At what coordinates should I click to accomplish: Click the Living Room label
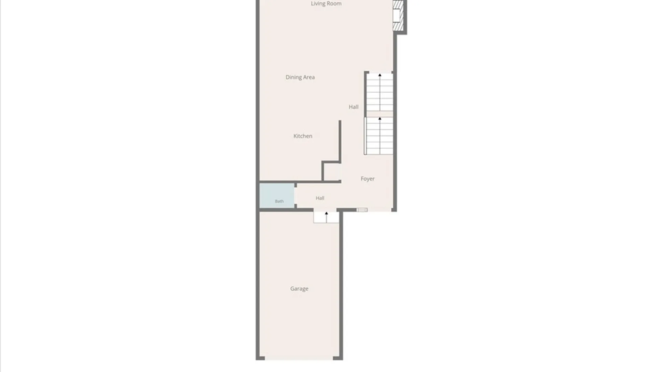pyautogui.click(x=326, y=3)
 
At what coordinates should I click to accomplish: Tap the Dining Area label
pyautogui.click(x=300, y=77)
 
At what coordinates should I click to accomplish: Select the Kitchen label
pyautogui.click(x=303, y=136)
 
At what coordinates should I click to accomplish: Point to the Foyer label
pyautogui.click(x=368, y=179)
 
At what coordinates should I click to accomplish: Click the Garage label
pyautogui.click(x=299, y=289)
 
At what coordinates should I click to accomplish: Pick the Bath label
pyautogui.click(x=279, y=201)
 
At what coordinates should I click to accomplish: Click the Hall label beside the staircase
pyautogui.click(x=353, y=107)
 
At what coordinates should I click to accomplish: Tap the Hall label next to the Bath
pyautogui.click(x=320, y=198)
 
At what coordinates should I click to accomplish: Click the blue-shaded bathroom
pyautogui.click(x=277, y=196)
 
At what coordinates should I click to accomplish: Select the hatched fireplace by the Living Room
pyautogui.click(x=398, y=15)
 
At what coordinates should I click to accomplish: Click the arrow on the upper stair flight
pyautogui.click(x=380, y=92)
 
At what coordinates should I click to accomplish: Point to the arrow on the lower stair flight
pyautogui.click(x=380, y=135)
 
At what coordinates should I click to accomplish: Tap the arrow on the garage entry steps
pyautogui.click(x=327, y=217)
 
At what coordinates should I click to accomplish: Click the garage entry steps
pyautogui.click(x=326, y=217)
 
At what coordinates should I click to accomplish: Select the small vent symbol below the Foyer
pyautogui.click(x=362, y=210)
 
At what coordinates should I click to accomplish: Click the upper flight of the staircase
pyautogui.click(x=380, y=92)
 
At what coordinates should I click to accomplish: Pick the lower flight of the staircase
pyautogui.click(x=380, y=136)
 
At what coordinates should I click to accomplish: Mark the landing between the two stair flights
pyautogui.click(x=380, y=114)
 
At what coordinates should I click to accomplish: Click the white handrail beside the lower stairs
pyautogui.click(x=365, y=136)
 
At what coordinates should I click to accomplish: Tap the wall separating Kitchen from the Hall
pyautogui.click(x=340, y=141)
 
